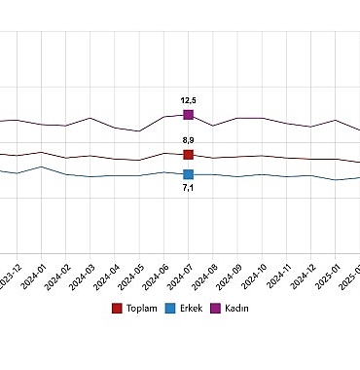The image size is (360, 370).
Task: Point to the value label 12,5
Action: [x=189, y=99]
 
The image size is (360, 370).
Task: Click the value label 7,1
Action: [x=189, y=188]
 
